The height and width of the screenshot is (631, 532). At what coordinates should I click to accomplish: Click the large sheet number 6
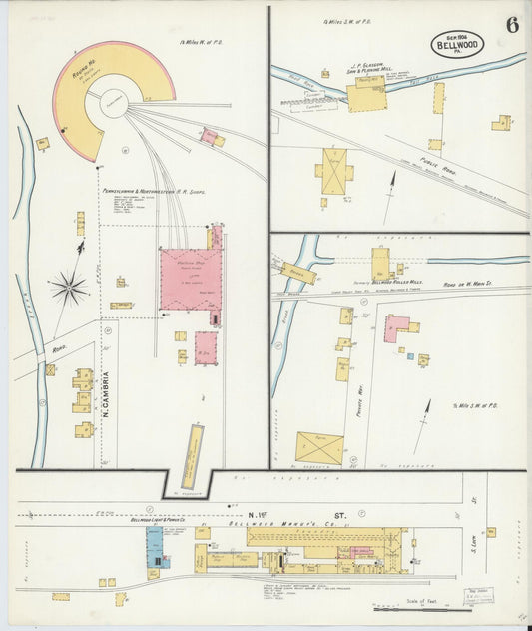coord(511,25)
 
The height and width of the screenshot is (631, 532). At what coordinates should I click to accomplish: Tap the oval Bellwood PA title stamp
coord(458,44)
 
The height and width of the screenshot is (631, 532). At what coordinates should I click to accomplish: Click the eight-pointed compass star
coord(69,288)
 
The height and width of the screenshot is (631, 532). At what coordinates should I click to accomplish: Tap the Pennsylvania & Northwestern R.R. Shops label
coord(150,189)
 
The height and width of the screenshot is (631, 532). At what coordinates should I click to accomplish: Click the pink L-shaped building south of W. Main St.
coord(396,327)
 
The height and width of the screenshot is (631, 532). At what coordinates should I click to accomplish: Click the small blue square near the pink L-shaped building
coord(409,355)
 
